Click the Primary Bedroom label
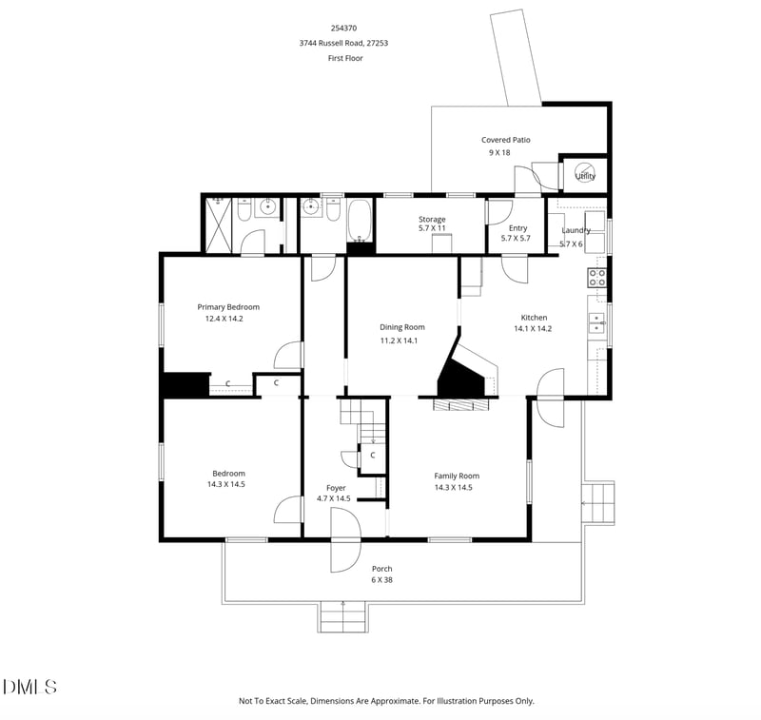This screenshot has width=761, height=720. click(228, 307)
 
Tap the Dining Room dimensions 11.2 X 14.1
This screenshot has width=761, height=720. click(401, 341)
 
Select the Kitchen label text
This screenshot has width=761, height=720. click(534, 318)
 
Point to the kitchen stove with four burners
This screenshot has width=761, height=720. click(597, 278)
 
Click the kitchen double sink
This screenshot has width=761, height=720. click(597, 323)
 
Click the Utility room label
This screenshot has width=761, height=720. click(585, 176)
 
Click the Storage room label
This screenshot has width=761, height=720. click(432, 219)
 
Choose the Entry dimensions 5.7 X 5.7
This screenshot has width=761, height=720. click(517, 238)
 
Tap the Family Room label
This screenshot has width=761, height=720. click(457, 476)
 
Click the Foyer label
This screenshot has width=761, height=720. click(336, 487)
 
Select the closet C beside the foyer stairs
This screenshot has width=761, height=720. click(372, 456)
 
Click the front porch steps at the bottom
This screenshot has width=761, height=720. click(342, 617)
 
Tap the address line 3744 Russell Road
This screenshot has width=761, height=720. click(343, 43)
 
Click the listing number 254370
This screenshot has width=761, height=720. click(343, 29)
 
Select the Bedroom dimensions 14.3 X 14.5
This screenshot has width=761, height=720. click(227, 484)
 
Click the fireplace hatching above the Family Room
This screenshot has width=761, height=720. click(460, 404)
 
